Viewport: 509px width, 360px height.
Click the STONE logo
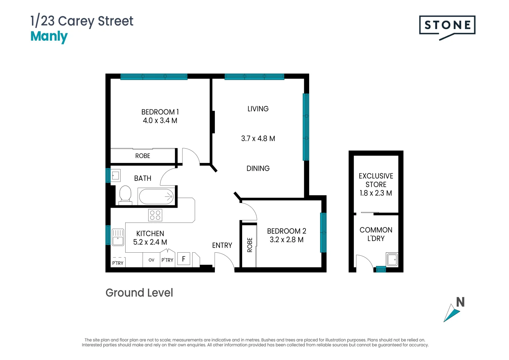[447, 26]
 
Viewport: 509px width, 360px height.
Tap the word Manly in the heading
[49, 36]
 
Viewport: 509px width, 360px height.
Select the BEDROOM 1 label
[160, 112]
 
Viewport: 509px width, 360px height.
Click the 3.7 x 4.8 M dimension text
[258, 139]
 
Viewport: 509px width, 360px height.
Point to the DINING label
[258, 169]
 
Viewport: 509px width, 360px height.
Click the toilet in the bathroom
[125, 194]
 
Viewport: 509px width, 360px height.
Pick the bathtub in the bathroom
[156, 196]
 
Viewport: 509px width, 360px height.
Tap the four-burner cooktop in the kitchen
[155, 215]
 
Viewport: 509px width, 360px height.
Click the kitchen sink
[118, 237]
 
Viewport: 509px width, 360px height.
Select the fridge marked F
[184, 259]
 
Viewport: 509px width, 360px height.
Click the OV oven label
[151, 260]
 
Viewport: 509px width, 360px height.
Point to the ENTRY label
[222, 246]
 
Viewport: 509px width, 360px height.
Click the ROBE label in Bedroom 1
[143, 156]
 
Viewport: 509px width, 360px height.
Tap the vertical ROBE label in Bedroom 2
[250, 245]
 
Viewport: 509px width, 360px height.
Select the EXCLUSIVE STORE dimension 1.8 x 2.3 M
[375, 193]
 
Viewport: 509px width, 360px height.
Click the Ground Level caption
[139, 293]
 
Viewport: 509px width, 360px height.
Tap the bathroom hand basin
[116, 175]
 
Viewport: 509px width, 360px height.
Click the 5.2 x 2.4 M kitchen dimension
[150, 242]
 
